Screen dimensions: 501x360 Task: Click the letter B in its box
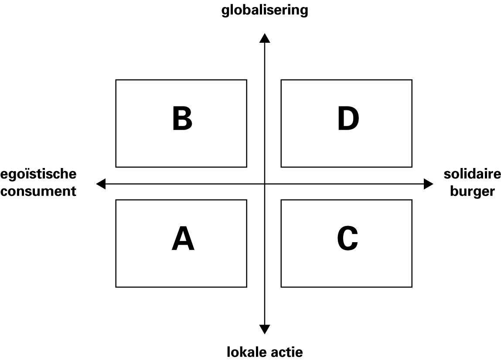click(x=182, y=119)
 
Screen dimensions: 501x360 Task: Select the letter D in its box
click(x=348, y=119)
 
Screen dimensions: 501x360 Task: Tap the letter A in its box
click(x=183, y=238)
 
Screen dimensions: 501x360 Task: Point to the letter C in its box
click(x=348, y=238)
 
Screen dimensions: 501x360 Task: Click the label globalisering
click(x=265, y=10)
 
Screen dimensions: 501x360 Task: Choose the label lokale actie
click(x=265, y=352)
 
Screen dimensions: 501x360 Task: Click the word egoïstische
click(x=38, y=174)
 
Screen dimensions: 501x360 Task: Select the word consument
click(x=38, y=191)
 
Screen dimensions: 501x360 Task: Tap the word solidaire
click(x=472, y=174)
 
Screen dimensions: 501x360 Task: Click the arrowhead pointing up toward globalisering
click(x=265, y=38)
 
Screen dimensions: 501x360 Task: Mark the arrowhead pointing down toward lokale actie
click(x=265, y=329)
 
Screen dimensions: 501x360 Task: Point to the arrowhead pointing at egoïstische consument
click(x=101, y=184)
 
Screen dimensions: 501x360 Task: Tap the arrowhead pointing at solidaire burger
click(x=429, y=184)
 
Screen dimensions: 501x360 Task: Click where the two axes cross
click(x=265, y=184)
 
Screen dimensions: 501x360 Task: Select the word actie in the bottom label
click(x=287, y=352)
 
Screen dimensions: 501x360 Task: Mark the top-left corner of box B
click(x=116, y=80)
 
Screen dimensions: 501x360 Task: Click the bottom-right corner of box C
click(x=412, y=287)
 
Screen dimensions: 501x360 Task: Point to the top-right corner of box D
click(x=412, y=80)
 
